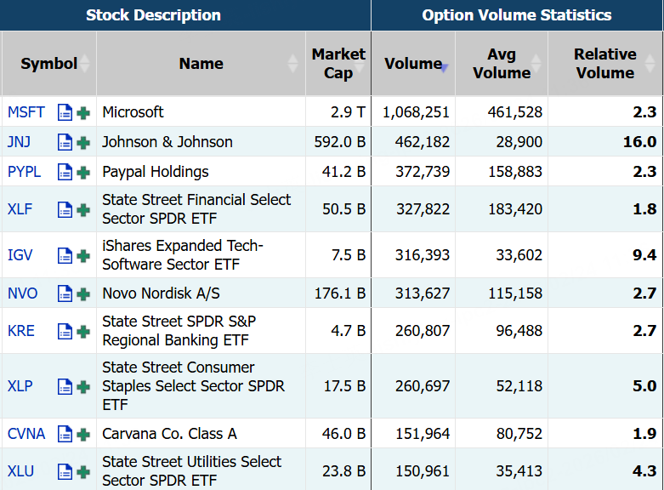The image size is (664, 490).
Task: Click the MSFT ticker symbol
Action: click(x=26, y=112)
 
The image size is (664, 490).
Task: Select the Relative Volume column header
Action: click(x=604, y=64)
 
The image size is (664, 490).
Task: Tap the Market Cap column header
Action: click(x=338, y=64)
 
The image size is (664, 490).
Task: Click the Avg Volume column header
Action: click(x=501, y=64)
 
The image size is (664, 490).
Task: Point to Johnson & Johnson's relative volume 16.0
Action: click(x=639, y=142)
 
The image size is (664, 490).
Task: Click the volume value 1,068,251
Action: click(x=416, y=112)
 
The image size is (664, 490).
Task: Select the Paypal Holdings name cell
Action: click(x=155, y=172)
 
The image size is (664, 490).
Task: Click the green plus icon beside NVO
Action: click(x=83, y=293)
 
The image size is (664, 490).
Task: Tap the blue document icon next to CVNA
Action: click(x=65, y=434)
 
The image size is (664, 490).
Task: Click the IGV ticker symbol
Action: click(x=20, y=255)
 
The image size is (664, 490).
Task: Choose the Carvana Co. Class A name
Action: click(x=169, y=434)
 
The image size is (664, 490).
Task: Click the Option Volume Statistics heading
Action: click(x=516, y=15)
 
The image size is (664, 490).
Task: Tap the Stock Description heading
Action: click(x=153, y=15)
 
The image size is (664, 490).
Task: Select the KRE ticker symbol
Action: click(x=21, y=331)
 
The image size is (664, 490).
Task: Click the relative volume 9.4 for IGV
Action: click(x=644, y=255)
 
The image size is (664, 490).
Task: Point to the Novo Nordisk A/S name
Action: click(x=161, y=293)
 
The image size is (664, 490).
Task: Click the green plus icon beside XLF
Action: click(x=83, y=209)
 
